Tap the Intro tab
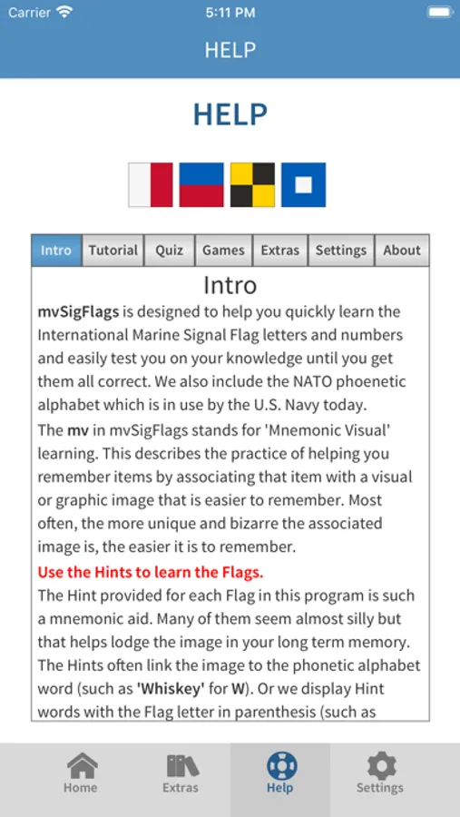(56, 251)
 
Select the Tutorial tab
(113, 251)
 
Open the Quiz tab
(169, 251)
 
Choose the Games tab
(223, 251)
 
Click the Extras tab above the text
(280, 251)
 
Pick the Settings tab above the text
(340, 251)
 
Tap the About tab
(401, 251)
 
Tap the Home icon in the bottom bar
(81, 766)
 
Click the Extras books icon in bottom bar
(181, 766)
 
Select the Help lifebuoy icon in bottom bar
(280, 766)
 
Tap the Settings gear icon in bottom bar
(380, 766)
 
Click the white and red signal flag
(150, 185)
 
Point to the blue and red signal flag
(201, 185)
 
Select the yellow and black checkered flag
(252, 185)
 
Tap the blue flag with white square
(303, 185)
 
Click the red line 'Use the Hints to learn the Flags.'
(151, 572)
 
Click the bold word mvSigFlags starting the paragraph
(78, 311)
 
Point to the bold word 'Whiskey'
(169, 688)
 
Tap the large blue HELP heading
(230, 114)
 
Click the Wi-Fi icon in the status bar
(64, 12)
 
